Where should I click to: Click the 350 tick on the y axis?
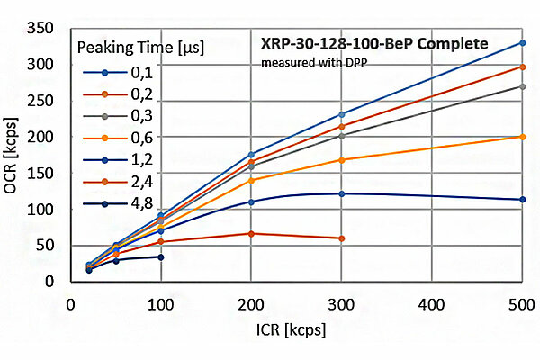tap(44, 29)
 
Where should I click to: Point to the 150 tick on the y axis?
tap(44, 173)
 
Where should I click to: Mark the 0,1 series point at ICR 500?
tap(522, 43)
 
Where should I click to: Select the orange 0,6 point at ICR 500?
tap(522, 137)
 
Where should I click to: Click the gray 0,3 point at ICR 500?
tap(522, 86)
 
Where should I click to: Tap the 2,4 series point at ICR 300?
tap(341, 238)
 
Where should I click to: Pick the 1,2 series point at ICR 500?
tap(522, 200)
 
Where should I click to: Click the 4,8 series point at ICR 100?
tap(161, 256)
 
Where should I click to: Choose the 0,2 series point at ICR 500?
tap(522, 67)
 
